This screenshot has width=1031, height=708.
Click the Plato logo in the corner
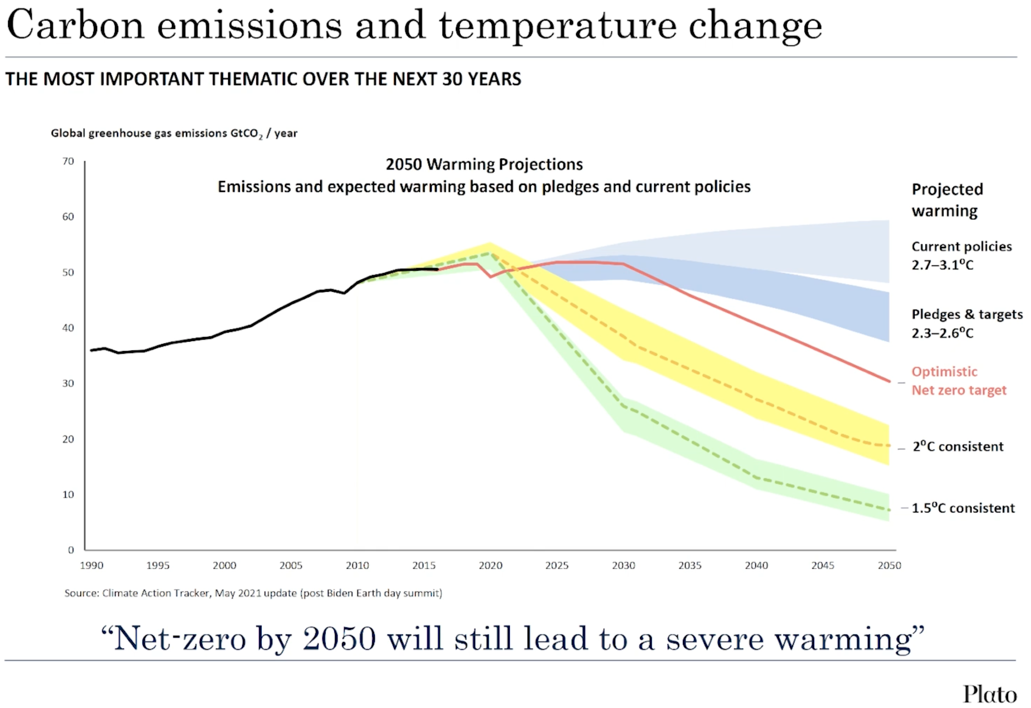coord(989,693)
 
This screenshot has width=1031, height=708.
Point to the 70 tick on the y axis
coord(68,162)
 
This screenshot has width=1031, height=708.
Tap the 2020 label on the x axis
coord(490,566)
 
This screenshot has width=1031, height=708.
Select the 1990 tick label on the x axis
coord(91,566)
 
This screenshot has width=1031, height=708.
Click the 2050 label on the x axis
coord(889,566)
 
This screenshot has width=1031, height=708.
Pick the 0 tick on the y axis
coord(71,550)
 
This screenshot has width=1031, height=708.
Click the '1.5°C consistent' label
coord(963,508)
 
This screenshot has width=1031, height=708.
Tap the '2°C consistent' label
coord(958,447)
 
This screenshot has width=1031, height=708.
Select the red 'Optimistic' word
coord(944,372)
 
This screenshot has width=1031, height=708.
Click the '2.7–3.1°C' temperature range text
coord(942,265)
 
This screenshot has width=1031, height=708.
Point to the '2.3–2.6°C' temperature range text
coord(942,333)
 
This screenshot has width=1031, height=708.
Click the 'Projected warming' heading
coord(947,200)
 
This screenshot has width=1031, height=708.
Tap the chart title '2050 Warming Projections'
coord(484,164)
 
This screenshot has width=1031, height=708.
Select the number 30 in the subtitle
coord(452,79)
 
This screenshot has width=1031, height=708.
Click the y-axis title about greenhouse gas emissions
coord(174,134)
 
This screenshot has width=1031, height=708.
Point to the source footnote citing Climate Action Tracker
coord(253,593)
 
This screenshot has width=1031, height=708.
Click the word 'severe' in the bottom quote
coord(715,639)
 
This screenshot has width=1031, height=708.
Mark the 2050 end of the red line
coord(889,381)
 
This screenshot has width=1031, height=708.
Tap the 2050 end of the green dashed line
coord(889,510)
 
